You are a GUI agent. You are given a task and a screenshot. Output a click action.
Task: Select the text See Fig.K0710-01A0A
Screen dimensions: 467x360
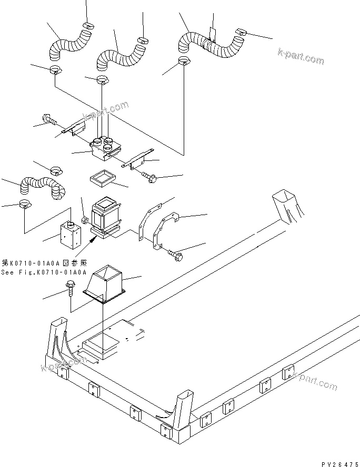(43, 272)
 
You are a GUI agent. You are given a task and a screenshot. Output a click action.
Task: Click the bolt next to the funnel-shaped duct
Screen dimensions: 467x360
(71, 290)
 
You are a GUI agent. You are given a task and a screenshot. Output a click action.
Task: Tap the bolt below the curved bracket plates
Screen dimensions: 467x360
(175, 254)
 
